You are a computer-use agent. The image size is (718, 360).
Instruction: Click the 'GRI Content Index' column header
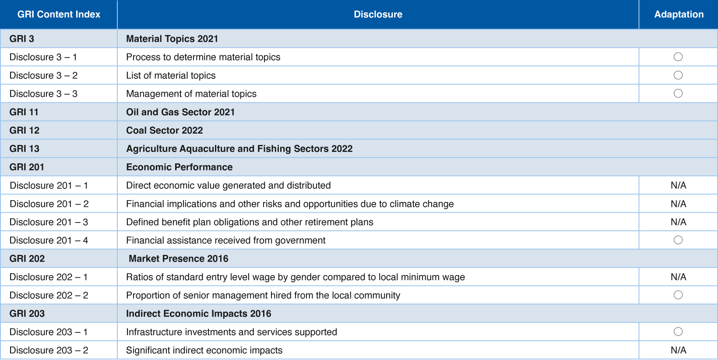coord(59,14)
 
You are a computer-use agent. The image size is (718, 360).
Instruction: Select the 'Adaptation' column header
coord(679,14)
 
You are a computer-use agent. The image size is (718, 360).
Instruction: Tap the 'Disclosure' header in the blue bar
coord(378,14)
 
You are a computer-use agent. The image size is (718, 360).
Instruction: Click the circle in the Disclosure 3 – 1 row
coord(678,57)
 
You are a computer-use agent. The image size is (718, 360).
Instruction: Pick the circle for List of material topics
coord(678,75)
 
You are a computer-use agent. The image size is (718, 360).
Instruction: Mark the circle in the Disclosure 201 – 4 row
coord(678,240)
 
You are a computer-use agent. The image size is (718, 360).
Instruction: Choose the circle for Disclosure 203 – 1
coord(678,332)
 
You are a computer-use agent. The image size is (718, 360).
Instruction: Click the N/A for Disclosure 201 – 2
coord(678,204)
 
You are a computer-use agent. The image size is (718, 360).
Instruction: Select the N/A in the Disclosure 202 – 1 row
coord(678,277)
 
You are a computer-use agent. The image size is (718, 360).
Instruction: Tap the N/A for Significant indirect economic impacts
coord(678,350)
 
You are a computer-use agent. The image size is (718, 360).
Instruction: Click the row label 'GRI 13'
coord(25,149)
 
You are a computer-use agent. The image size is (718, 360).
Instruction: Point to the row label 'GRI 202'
coord(27,259)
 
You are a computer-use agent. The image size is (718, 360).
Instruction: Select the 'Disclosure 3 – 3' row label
coord(43,94)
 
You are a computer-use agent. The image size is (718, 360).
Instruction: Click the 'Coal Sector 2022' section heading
coord(165,131)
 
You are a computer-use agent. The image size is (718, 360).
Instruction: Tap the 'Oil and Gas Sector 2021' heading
coord(180,112)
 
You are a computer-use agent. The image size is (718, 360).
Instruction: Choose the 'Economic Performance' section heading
coord(179,167)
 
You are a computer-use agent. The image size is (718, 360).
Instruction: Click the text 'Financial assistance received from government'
coord(225,240)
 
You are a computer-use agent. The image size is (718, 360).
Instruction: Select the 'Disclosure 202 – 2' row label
coord(49,295)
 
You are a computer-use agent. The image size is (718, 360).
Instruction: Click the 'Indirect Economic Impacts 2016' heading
coord(198,314)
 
